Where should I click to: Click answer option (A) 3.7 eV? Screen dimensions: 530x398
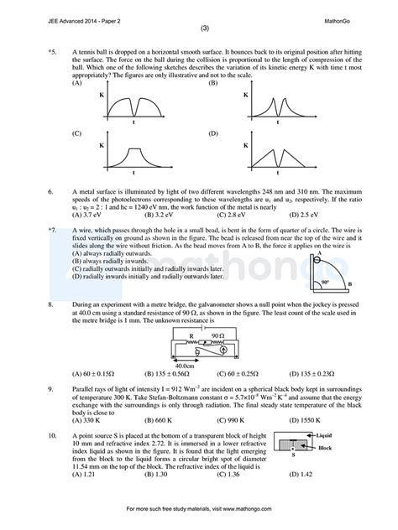click(88, 216)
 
